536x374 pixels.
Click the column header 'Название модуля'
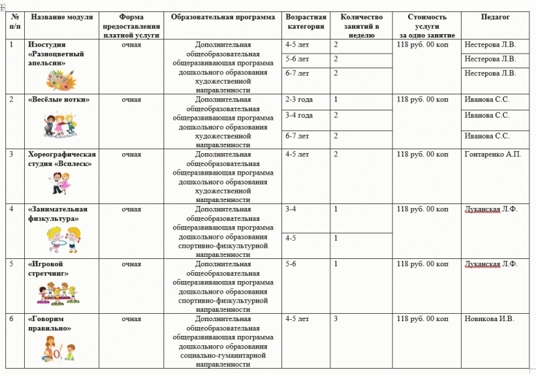pos(61,17)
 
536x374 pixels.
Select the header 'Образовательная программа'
pos(222,17)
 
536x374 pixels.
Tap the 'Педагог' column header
pos(494,17)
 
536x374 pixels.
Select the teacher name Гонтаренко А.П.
pos(492,155)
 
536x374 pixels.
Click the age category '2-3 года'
pos(299,99)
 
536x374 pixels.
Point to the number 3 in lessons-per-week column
pos(336,318)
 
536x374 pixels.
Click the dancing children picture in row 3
pos(62,182)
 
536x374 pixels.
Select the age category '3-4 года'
pos(299,115)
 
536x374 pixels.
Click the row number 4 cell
pos(11,209)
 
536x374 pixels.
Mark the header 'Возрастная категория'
pos(306,21)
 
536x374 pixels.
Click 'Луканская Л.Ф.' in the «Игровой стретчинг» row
pos(491,264)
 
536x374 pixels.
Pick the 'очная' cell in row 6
pos(131,318)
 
